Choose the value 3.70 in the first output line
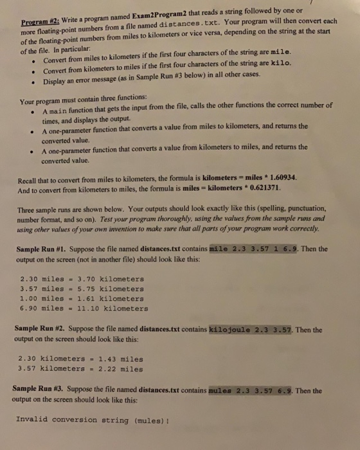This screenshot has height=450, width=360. click(x=86, y=280)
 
